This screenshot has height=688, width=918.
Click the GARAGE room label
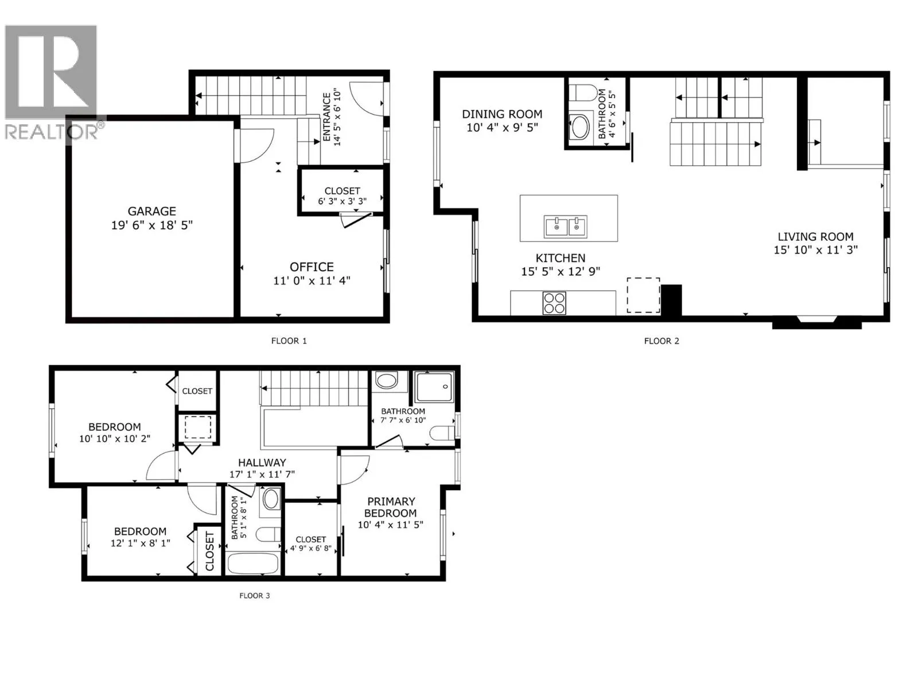click(151, 212)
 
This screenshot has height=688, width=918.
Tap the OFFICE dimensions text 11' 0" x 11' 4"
click(312, 281)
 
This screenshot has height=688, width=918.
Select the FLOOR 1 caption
click(289, 341)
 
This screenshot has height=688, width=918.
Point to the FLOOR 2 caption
click(662, 341)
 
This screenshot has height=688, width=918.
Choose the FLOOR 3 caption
click(254, 596)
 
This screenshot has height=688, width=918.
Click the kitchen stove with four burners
click(554, 303)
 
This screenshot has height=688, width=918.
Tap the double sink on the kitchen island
click(566, 227)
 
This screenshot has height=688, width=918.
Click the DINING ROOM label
click(502, 114)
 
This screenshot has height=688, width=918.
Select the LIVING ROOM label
click(815, 236)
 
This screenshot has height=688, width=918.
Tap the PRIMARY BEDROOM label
click(391, 507)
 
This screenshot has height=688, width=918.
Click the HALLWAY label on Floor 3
click(262, 463)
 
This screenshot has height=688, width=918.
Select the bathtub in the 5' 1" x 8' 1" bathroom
click(252, 564)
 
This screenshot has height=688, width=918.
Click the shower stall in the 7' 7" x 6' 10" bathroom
click(434, 387)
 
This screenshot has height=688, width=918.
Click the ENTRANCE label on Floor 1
click(326, 117)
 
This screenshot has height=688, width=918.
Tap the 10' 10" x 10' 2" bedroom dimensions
click(115, 439)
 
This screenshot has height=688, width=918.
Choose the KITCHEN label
click(561, 258)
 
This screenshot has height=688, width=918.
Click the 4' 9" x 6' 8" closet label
click(311, 544)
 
